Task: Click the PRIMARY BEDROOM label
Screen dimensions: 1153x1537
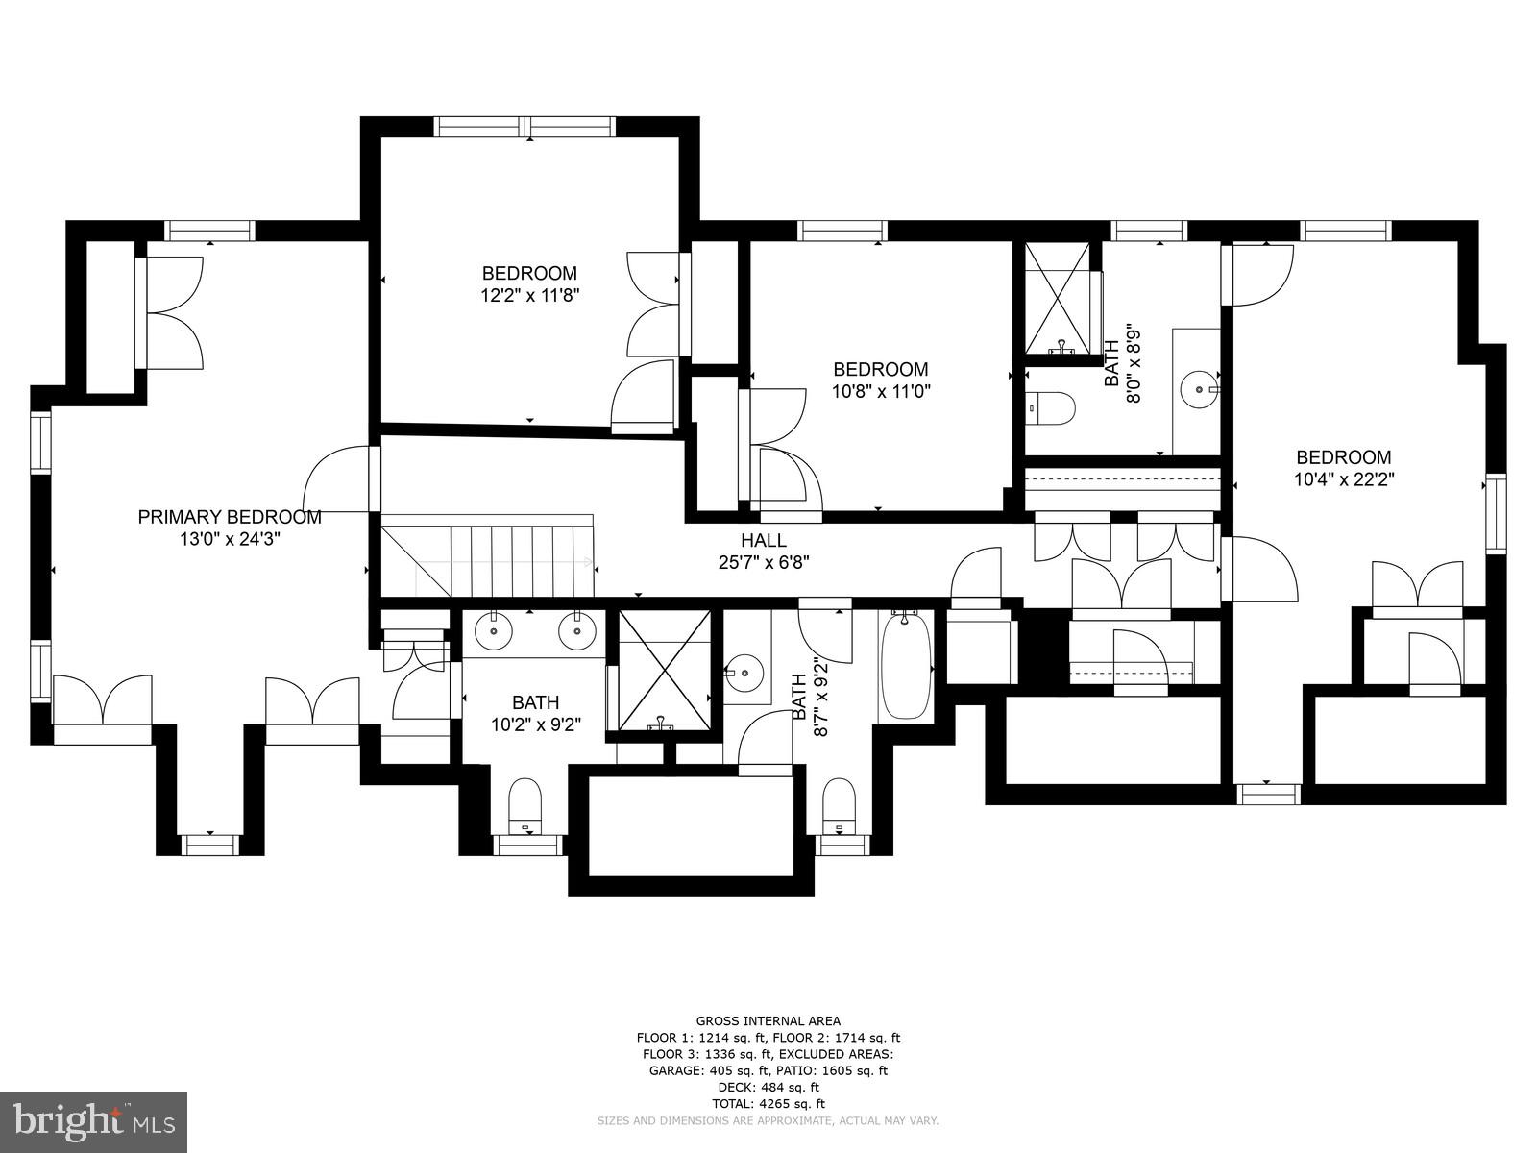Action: click(x=230, y=517)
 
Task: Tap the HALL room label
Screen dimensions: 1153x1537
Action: click(x=763, y=541)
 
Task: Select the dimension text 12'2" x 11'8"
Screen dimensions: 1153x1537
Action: click(x=529, y=296)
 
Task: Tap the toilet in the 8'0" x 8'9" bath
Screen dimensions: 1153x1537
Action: click(x=1052, y=407)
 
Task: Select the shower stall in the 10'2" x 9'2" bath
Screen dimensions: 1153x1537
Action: click(x=663, y=669)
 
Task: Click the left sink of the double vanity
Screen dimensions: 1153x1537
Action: click(x=493, y=632)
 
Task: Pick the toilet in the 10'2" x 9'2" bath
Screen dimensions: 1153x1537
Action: click(x=525, y=806)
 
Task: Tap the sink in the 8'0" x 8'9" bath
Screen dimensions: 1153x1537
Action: click(x=1199, y=390)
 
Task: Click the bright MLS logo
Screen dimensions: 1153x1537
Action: click(x=93, y=1120)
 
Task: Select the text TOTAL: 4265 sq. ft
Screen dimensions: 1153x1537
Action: click(x=768, y=1104)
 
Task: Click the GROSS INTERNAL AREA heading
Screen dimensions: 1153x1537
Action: click(x=768, y=1020)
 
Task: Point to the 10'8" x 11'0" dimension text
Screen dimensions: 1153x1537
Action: click(x=881, y=392)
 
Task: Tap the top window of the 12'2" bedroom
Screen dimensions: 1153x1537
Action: click(x=524, y=127)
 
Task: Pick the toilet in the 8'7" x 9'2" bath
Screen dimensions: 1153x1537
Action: click(x=840, y=806)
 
